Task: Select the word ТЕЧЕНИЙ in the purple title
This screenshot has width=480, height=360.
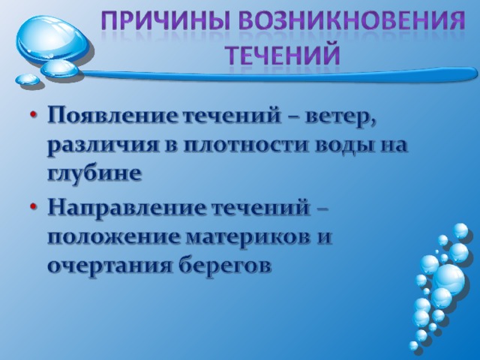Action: coord(283,55)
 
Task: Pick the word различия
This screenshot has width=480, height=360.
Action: coord(101,145)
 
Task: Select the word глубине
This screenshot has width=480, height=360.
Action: coord(94,173)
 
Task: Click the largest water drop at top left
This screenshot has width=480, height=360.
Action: coord(52,40)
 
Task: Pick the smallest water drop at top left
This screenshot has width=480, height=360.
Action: coord(28,79)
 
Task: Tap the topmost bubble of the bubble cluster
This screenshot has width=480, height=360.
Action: coord(460,230)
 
